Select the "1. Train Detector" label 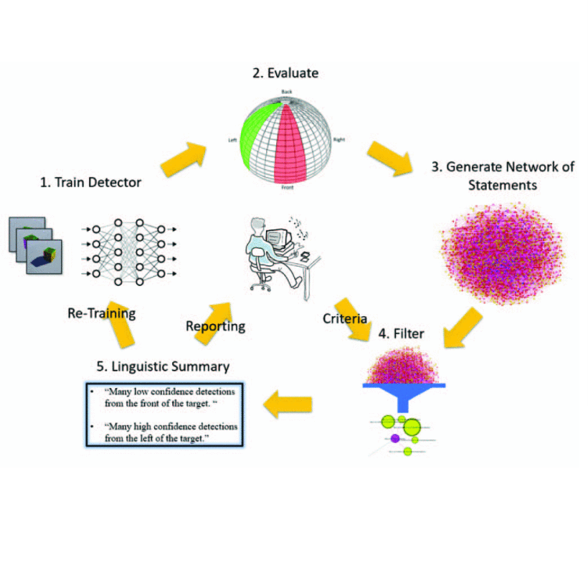(90, 182)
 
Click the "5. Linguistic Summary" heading (163, 366)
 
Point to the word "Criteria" (344, 318)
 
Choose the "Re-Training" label (101, 313)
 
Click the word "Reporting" (215, 326)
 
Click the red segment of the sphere (293, 143)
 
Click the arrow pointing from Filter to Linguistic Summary (288, 406)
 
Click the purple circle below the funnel (394, 437)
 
